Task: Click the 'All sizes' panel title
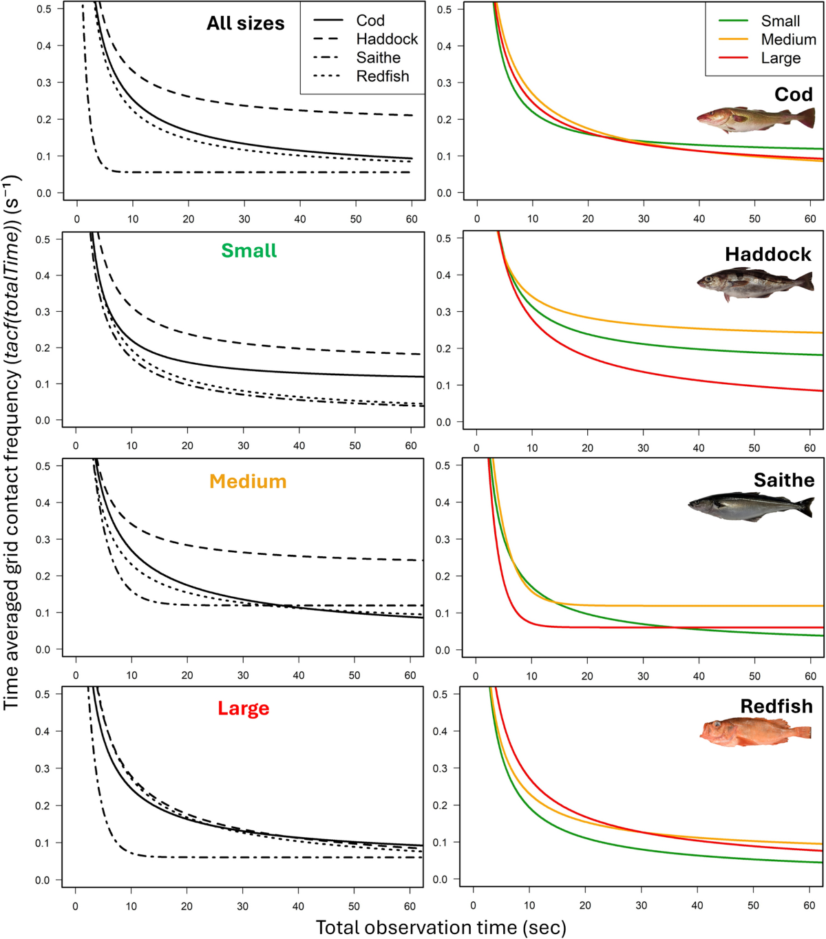coord(245,23)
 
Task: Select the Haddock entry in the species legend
coord(366,39)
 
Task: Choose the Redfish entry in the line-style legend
coord(361,76)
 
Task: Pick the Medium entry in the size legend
coord(767,39)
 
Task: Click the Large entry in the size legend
coord(759,58)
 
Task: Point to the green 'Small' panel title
coord(249,251)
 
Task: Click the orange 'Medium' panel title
coord(248,482)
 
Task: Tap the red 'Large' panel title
coord(244,708)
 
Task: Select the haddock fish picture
coord(756,284)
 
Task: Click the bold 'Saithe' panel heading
coord(784,480)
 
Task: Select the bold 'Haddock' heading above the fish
coord(768,255)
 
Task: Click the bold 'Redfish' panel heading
coord(776,706)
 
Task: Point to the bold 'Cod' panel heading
coord(794,94)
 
